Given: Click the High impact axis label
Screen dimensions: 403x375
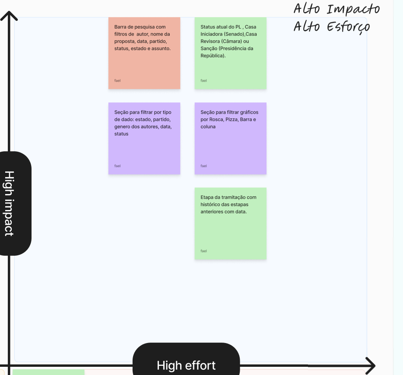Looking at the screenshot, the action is (9, 203).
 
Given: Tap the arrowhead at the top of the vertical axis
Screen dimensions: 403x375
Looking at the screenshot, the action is (9, 16).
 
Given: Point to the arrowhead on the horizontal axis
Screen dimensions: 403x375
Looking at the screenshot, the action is (370, 365).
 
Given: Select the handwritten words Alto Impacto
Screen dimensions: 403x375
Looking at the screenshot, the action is (336, 9).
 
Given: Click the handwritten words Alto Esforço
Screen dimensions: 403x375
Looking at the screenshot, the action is (332, 27).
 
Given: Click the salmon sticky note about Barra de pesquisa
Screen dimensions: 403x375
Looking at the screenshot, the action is (144, 53).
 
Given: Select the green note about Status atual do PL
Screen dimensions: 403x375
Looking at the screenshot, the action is (231, 53).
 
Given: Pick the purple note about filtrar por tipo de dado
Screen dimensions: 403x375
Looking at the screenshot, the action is (144, 138).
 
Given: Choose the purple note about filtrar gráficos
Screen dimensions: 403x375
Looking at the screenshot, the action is (231, 138).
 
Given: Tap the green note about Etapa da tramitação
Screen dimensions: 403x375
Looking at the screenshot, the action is (231, 224).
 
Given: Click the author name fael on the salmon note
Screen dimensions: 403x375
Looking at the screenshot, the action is (117, 80).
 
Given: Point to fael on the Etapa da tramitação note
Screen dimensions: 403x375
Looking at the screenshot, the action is (203, 251).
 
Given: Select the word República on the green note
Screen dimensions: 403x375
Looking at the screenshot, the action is (213, 56).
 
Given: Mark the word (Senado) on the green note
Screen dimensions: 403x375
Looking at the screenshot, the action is (235, 34).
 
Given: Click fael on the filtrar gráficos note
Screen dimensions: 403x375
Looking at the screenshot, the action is (203, 166).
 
